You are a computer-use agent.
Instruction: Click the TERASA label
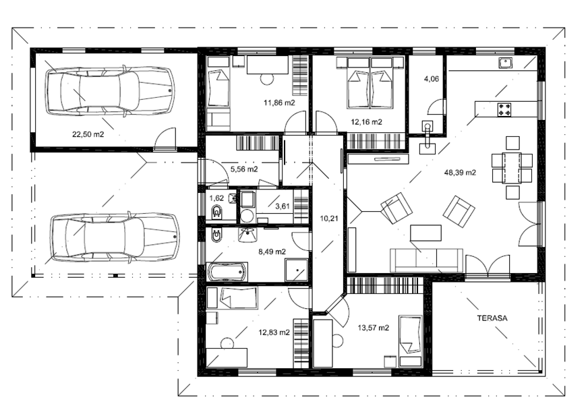click(x=492, y=318)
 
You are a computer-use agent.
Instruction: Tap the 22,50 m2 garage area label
click(x=88, y=134)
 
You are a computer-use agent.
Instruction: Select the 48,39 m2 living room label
click(x=460, y=173)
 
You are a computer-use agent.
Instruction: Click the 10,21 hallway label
click(x=329, y=218)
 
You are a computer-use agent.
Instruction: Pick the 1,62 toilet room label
click(x=216, y=198)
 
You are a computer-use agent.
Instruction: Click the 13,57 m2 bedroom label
click(x=373, y=328)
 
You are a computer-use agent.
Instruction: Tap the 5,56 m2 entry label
click(x=244, y=169)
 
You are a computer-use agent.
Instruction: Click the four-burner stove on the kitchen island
click(x=504, y=110)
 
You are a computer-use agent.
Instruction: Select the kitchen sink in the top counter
click(x=506, y=63)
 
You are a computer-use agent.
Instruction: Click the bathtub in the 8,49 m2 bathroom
click(x=227, y=272)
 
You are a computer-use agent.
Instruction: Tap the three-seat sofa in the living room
click(x=426, y=260)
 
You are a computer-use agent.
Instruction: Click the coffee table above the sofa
click(x=425, y=233)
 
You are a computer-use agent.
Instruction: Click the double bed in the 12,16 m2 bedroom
click(x=370, y=82)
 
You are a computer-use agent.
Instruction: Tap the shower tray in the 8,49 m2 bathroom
click(x=297, y=270)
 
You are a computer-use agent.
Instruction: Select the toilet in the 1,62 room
click(x=217, y=213)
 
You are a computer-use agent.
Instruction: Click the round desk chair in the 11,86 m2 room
click(x=266, y=79)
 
